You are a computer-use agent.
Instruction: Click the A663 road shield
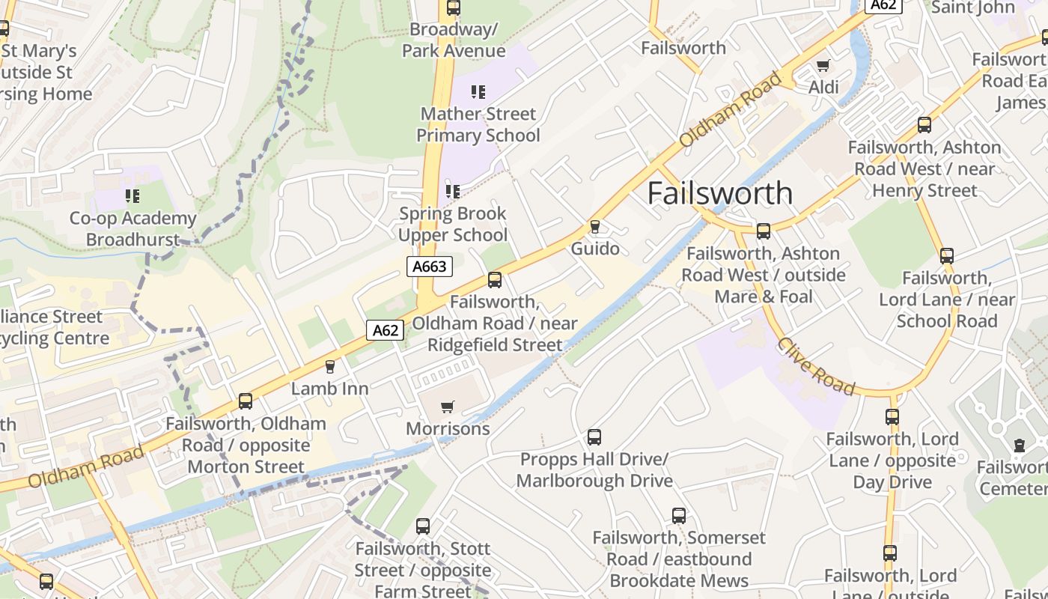click(430, 266)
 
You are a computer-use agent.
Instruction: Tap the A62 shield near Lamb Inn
click(386, 330)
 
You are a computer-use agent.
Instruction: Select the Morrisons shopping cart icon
click(447, 407)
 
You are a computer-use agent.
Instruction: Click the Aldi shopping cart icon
click(823, 66)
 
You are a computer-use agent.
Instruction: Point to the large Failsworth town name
click(719, 192)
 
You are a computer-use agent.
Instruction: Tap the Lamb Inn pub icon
click(329, 367)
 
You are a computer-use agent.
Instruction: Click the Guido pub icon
click(595, 226)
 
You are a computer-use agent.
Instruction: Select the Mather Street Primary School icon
click(478, 92)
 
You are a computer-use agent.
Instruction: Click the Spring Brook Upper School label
click(453, 224)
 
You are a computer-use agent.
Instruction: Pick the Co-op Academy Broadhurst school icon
click(132, 196)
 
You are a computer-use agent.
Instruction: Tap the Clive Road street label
click(815, 366)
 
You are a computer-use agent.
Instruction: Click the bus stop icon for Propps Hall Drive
click(594, 437)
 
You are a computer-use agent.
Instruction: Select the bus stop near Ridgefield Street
click(495, 280)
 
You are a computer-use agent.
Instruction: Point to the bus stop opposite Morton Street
click(246, 401)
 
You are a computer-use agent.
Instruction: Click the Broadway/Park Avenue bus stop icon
click(454, 8)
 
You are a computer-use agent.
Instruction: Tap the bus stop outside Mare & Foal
click(764, 231)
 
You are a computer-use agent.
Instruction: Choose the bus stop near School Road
click(947, 256)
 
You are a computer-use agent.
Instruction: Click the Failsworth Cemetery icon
click(1019, 446)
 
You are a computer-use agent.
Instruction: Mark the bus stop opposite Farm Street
click(423, 526)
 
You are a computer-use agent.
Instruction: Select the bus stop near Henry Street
click(924, 125)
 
